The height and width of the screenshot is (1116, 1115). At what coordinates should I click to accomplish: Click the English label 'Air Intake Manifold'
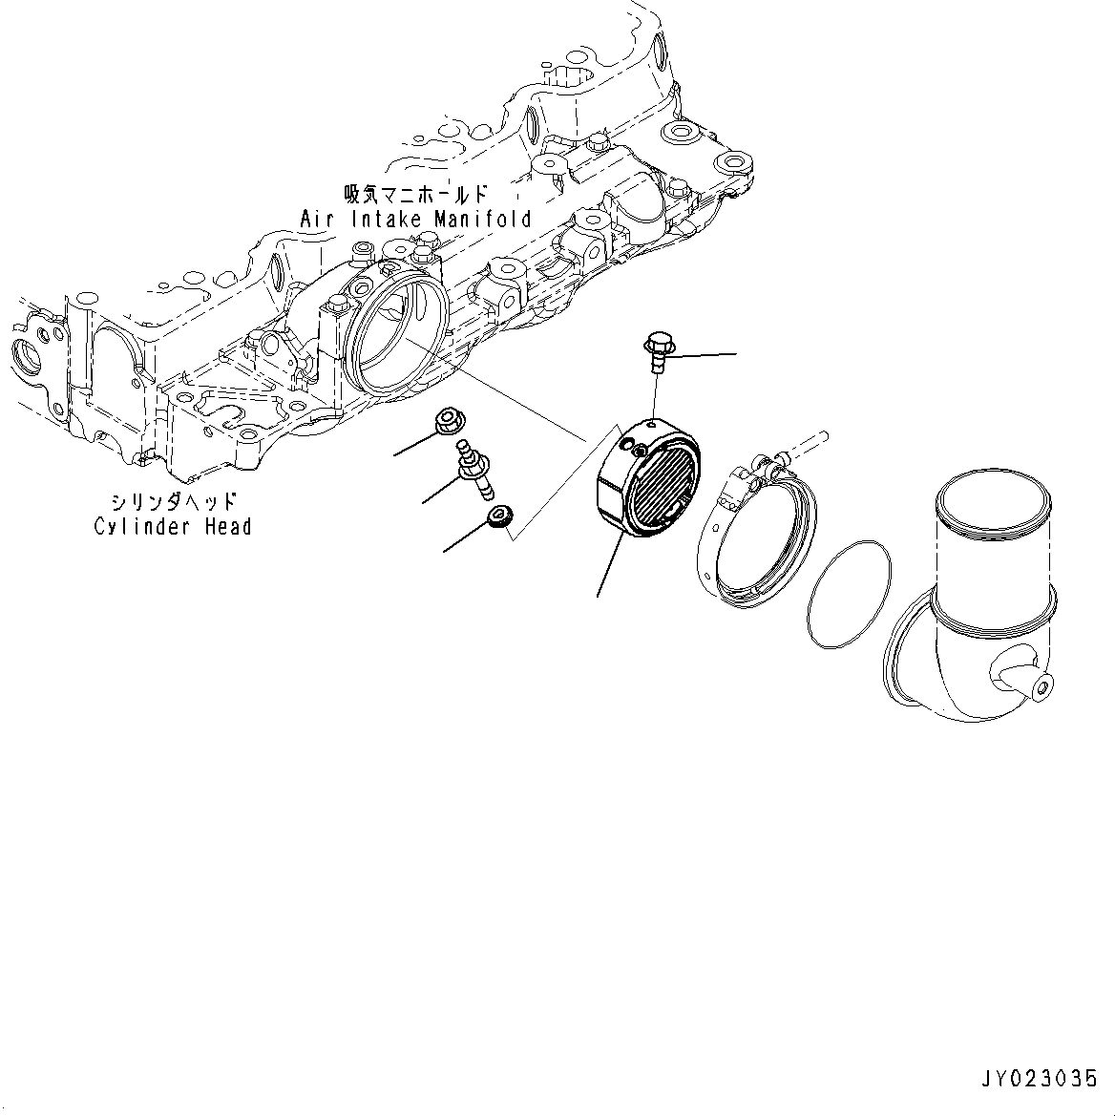pyautogui.click(x=415, y=220)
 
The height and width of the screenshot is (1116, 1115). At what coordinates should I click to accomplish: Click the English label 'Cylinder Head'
pyautogui.click(x=173, y=526)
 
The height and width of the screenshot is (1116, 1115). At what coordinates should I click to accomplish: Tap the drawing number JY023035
pyautogui.click(x=1039, y=1079)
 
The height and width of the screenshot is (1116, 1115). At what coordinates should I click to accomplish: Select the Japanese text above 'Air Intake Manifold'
pyautogui.click(x=416, y=194)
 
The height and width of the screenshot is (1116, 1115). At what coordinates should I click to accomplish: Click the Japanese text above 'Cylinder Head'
pyautogui.click(x=173, y=500)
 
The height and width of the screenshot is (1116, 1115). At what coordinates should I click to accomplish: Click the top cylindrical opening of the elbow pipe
pyautogui.click(x=993, y=503)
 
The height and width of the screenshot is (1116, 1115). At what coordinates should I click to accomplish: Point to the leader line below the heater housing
pyautogui.click(x=609, y=567)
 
